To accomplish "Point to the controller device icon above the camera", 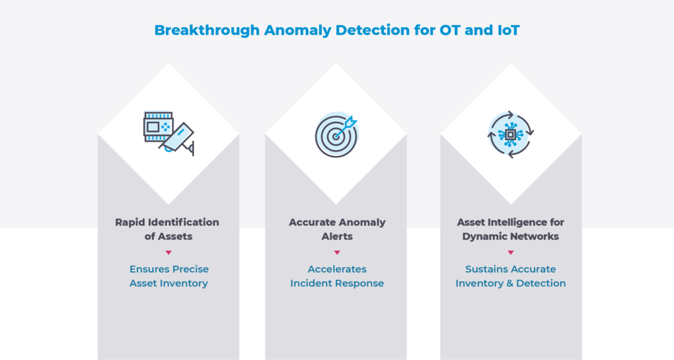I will pos(158,126).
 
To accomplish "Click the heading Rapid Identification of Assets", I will pos(168,229).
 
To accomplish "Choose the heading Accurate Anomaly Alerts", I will pos(337,229).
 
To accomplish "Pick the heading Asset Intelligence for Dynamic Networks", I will pos(511,229).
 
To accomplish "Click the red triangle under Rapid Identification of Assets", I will pos(168,253).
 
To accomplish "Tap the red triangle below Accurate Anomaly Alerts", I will pos(337,253).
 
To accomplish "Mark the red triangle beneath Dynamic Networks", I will pos(511,253).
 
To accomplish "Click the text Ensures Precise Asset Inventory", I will pos(168,276).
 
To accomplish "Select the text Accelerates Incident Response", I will pos(337,276).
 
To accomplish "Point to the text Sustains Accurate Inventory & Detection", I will pos(511,276).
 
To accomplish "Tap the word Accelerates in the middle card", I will pos(337,269).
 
